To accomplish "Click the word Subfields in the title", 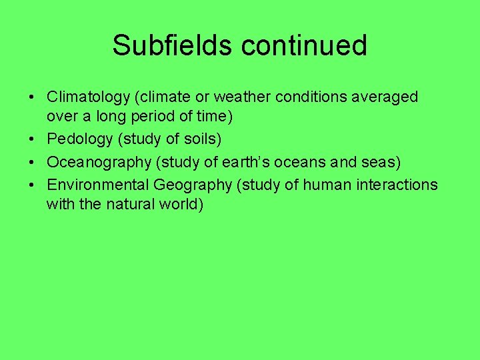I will tap(173, 45).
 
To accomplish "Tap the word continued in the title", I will tap(304, 45).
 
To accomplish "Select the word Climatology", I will tap(89, 97).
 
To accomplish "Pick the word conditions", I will tap(301, 97).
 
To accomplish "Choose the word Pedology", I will tap(79, 139).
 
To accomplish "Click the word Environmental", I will tap(98, 183).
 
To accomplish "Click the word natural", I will tap(129, 204).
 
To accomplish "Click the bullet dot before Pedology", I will tap(31, 140).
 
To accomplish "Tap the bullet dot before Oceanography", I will tap(31, 163).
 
